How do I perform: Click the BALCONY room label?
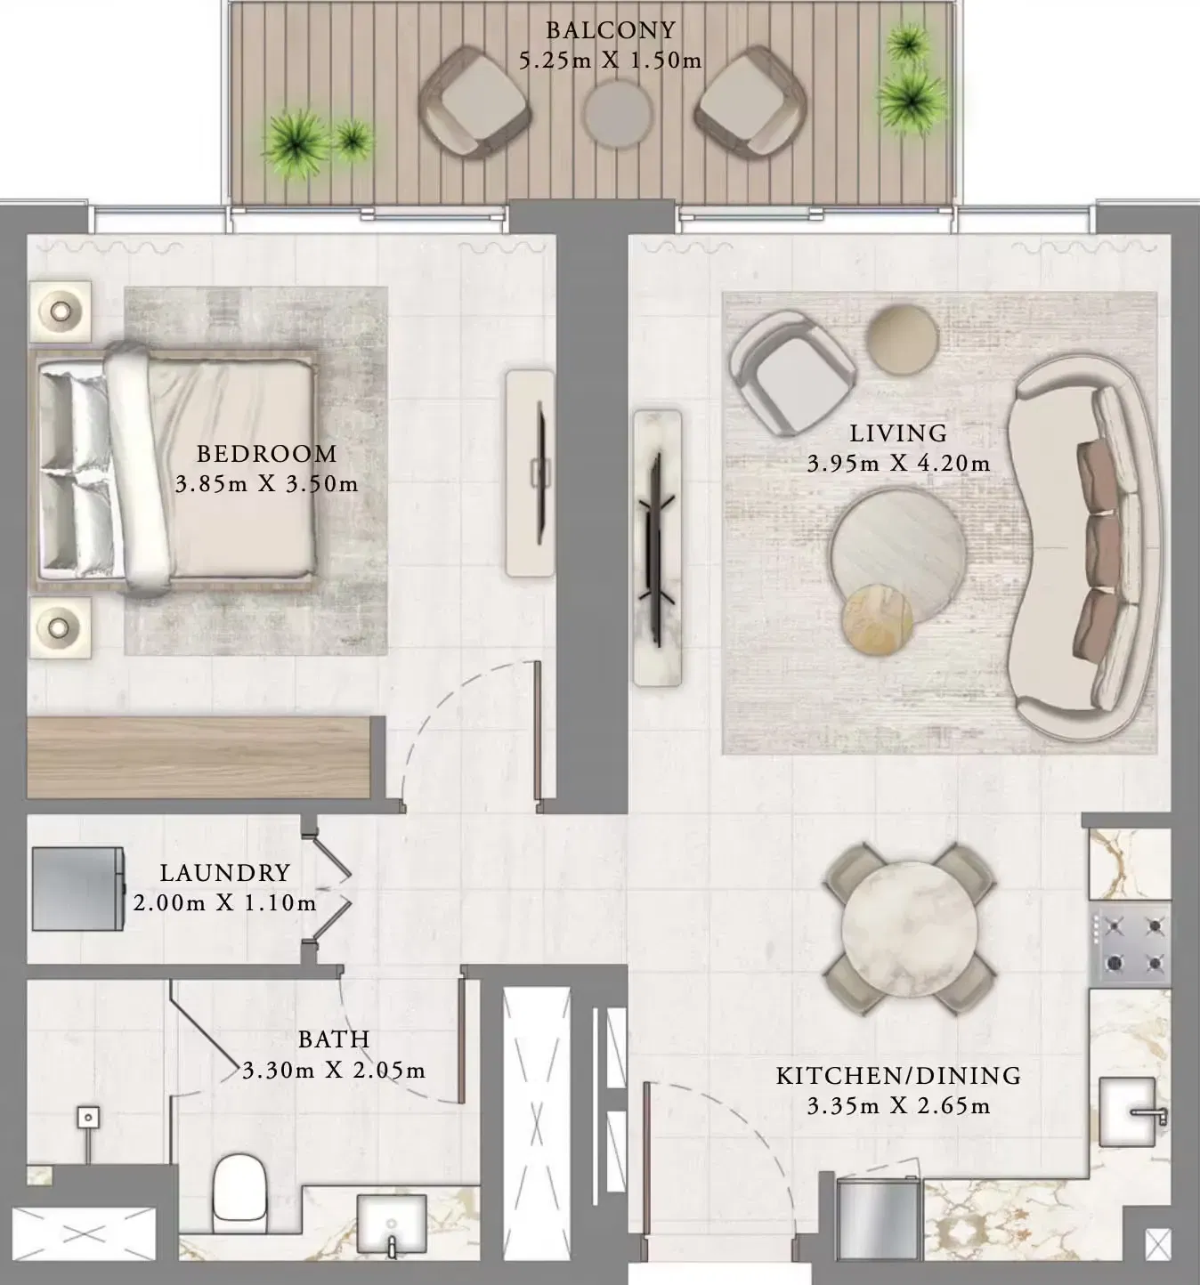click(610, 30)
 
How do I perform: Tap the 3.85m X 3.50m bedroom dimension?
click(266, 485)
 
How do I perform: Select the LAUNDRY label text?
click(224, 873)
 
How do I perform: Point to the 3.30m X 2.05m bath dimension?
click(334, 1071)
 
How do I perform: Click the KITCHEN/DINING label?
click(898, 1076)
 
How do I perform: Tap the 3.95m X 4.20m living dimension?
click(898, 464)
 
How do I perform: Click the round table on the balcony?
click(618, 115)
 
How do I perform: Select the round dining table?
click(906, 928)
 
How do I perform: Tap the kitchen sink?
click(1129, 1111)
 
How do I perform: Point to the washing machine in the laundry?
click(77, 888)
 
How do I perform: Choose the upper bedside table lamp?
click(60, 311)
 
